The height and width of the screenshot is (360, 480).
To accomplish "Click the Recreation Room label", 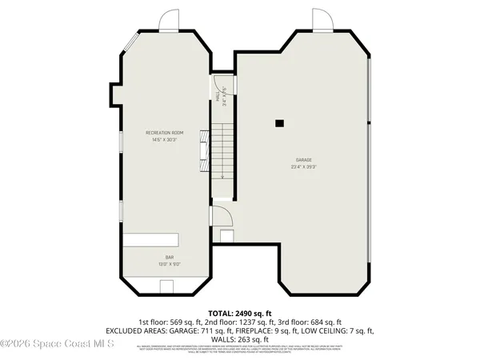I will point(165,132).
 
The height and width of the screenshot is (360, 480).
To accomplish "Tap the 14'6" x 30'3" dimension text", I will point(165,140).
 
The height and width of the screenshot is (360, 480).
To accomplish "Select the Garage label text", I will point(303,160).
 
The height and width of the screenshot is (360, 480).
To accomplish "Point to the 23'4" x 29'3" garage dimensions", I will point(303,167).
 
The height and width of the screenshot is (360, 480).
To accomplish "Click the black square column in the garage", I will point(279,123).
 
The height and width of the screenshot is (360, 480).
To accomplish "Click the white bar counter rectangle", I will point(150,239).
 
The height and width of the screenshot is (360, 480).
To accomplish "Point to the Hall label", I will point(220,96).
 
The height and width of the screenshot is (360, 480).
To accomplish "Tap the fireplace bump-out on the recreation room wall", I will point(114,96).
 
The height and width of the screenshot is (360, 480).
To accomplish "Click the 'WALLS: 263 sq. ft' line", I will point(239,338).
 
